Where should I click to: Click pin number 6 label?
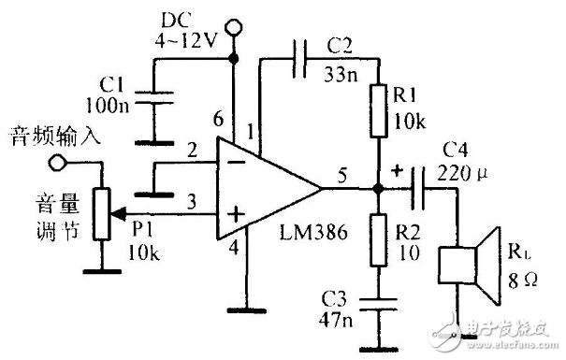[x=218, y=118]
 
